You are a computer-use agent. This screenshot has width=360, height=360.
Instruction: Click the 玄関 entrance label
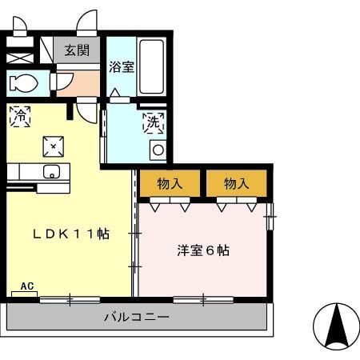(78, 50)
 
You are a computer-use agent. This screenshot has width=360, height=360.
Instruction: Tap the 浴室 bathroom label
(122, 67)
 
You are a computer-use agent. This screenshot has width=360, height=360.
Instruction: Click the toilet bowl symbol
(23, 82)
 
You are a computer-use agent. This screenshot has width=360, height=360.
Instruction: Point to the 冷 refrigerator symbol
(18, 115)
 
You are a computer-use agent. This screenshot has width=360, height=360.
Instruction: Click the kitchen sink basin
(50, 170)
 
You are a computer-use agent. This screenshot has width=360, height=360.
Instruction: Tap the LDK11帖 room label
(70, 234)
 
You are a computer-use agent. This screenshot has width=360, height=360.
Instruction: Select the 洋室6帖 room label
(202, 250)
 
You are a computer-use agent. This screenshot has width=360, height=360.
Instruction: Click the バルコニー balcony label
(136, 318)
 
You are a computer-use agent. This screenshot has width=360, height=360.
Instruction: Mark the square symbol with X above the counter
(53, 146)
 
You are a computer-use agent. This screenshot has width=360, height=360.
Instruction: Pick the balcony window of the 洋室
(203, 300)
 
